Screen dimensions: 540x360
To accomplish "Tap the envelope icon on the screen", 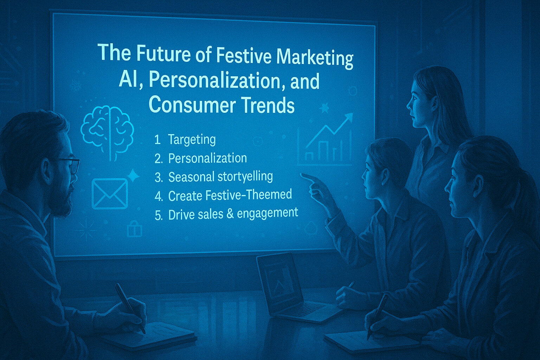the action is [x=110, y=193].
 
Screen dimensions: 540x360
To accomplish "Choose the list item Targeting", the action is [x=192, y=140].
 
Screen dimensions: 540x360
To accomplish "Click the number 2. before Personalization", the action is [x=159, y=159].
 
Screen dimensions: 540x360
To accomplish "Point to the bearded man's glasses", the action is [x=70, y=165].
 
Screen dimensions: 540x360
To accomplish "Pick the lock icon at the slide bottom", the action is [x=134, y=229].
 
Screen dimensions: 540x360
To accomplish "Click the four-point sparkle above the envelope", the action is [x=133, y=175].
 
